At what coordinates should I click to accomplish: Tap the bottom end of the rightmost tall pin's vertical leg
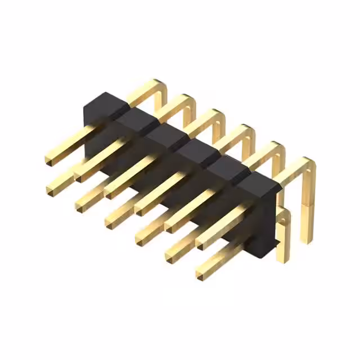point(307,238)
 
